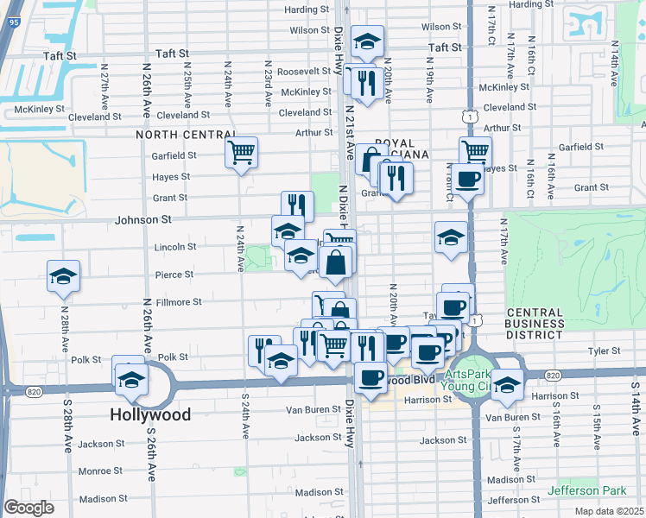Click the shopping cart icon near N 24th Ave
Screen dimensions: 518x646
(x=241, y=153)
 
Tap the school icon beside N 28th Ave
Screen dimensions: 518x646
(x=64, y=276)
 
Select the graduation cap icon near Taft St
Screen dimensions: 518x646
(x=367, y=41)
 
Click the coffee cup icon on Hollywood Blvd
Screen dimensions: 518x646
(x=370, y=377)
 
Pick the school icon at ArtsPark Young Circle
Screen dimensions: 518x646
(x=508, y=385)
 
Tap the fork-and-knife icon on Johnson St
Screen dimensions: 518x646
(x=296, y=205)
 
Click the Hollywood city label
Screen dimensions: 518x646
(x=150, y=414)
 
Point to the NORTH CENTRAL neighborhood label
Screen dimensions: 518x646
(x=187, y=135)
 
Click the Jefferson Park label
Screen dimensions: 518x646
(x=586, y=490)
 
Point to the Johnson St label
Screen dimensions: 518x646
(x=142, y=220)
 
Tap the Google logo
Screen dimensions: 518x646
(x=28, y=507)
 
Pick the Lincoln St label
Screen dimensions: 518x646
(x=174, y=247)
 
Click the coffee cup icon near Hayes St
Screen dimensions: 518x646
(x=469, y=180)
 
